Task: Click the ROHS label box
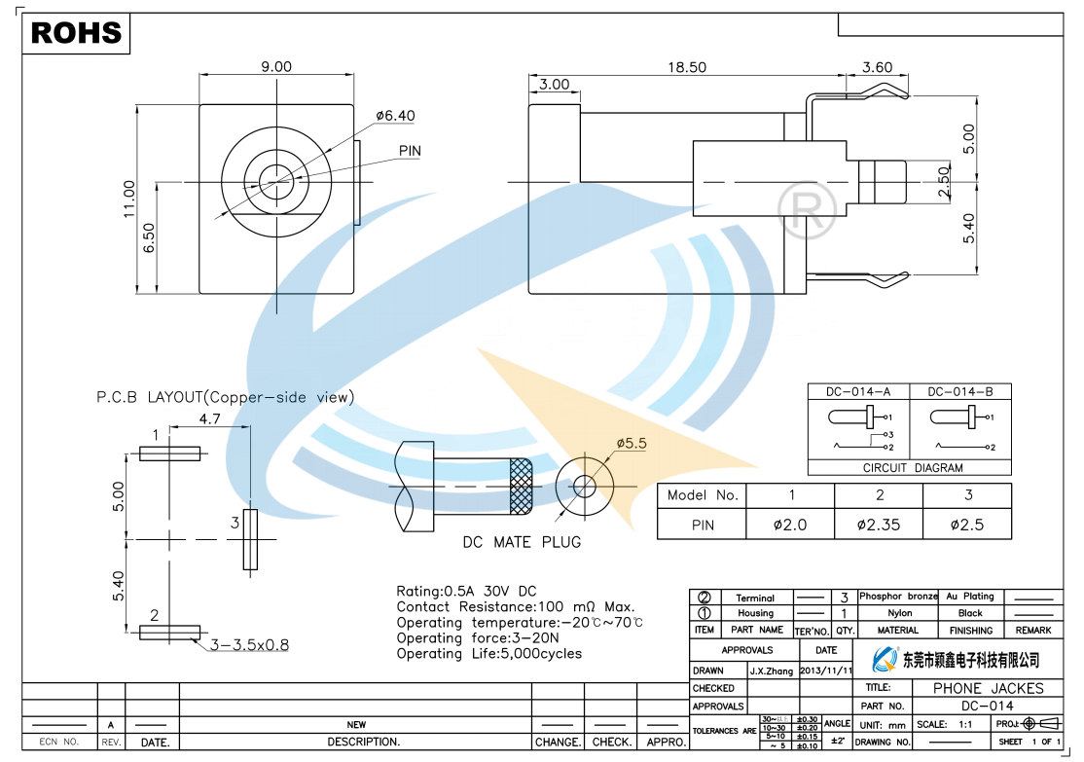point(77,33)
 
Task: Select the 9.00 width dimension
point(275,67)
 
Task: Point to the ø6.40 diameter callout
point(395,116)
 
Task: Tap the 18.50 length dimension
point(686,67)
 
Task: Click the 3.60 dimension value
point(877,67)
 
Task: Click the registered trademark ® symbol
point(807,203)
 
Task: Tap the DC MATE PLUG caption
point(522,542)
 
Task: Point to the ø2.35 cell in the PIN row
point(879,525)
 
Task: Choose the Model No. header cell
point(702,495)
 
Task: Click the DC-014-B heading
point(959,392)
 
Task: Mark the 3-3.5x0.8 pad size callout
point(250,644)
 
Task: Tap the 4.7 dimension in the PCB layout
point(209,419)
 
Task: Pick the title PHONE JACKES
point(988,688)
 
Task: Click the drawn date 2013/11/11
point(826,671)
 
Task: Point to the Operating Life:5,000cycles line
point(488,654)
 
